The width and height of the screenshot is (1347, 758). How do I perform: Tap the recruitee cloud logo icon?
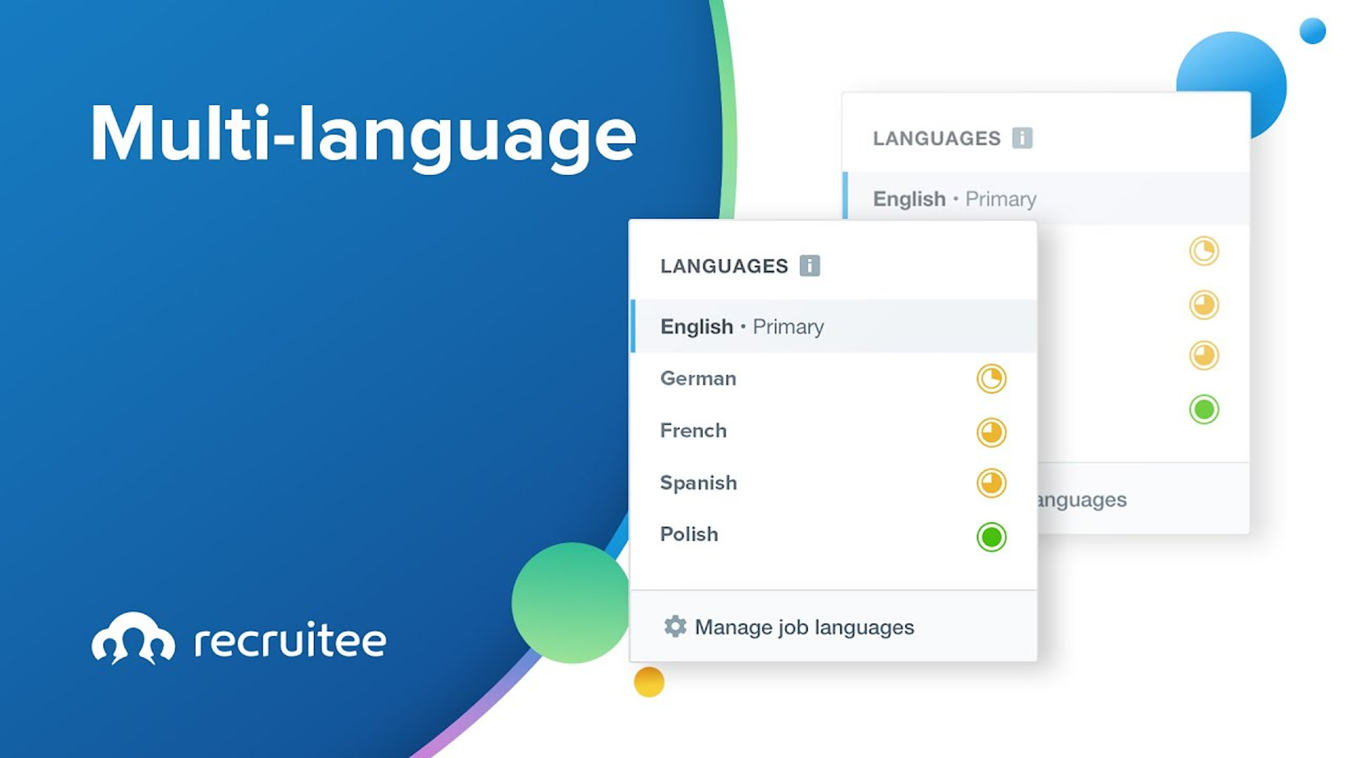pyautogui.click(x=133, y=638)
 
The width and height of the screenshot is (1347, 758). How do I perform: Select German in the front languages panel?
pyautogui.click(x=698, y=378)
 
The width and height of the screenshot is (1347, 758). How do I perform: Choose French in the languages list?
pyautogui.click(x=693, y=431)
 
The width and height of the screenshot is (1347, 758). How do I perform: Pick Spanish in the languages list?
pyautogui.click(x=699, y=483)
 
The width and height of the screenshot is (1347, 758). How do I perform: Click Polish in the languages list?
pyautogui.click(x=689, y=534)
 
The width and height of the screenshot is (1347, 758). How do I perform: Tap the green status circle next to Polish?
pyautogui.click(x=991, y=537)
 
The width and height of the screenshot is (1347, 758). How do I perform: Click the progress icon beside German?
pyautogui.click(x=991, y=378)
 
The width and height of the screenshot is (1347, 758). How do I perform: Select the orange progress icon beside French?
pyautogui.click(x=991, y=432)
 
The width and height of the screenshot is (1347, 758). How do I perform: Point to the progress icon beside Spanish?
pyautogui.click(x=991, y=482)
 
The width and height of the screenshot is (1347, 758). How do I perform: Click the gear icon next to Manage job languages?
pyautogui.click(x=675, y=626)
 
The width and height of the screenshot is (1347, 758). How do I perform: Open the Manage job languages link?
pyautogui.click(x=804, y=627)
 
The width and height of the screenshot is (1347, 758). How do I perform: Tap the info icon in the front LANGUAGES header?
pyautogui.click(x=810, y=265)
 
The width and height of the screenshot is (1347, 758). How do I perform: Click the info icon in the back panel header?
pyautogui.click(x=1022, y=138)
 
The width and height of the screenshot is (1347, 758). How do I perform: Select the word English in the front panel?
pyautogui.click(x=697, y=326)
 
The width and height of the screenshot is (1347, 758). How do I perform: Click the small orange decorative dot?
pyautogui.click(x=649, y=681)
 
